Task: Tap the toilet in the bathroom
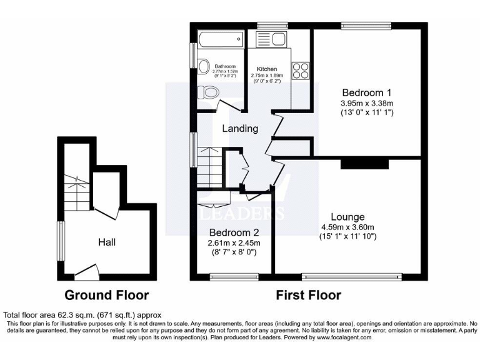[x=209, y=94]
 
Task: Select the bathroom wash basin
[x=204, y=66]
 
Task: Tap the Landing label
[x=241, y=129]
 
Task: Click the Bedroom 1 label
[x=367, y=92]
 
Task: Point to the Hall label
[x=106, y=241]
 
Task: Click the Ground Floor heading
[x=107, y=295]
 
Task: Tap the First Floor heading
[x=309, y=295]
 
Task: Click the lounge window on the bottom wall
[x=351, y=276]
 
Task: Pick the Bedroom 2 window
[x=234, y=276]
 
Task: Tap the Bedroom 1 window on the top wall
[x=366, y=26]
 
